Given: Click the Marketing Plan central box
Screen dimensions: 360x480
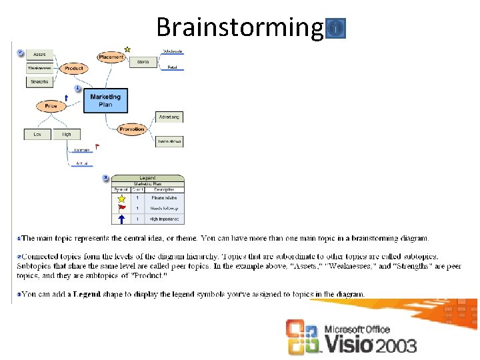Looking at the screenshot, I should click(x=105, y=100).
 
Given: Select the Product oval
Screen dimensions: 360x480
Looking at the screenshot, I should click(x=74, y=68).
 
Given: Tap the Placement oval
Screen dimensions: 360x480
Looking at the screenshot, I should click(x=111, y=57).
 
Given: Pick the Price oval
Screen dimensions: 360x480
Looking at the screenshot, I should click(x=51, y=106).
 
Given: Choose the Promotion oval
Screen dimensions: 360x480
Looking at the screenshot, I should click(x=132, y=129).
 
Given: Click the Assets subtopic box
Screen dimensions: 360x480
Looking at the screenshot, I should click(x=39, y=53).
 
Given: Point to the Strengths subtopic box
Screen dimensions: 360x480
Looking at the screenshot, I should click(x=39, y=82).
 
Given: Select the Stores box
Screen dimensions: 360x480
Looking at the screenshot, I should click(x=143, y=62).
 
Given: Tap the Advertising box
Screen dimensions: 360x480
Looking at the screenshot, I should click(x=169, y=117).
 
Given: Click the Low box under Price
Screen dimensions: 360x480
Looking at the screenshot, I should click(x=37, y=134).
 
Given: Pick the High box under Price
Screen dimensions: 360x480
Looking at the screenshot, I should click(x=67, y=134).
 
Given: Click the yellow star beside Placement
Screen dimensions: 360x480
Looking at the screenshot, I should click(x=127, y=49).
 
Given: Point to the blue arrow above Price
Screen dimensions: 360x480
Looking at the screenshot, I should click(x=66, y=97).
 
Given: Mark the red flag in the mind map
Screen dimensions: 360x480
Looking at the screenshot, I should click(x=97, y=147).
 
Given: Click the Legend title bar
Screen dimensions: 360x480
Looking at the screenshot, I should click(x=147, y=178).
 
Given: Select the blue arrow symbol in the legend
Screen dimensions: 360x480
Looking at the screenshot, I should click(x=121, y=219).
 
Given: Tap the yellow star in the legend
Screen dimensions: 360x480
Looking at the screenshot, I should click(x=121, y=198).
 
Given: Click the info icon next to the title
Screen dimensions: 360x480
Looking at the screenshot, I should click(x=337, y=28).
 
